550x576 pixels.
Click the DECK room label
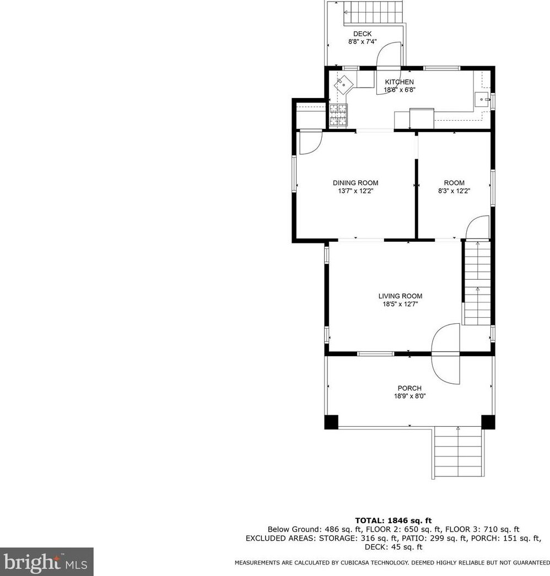click(363, 34)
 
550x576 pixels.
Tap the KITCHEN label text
click(399, 82)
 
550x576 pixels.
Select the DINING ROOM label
click(355, 183)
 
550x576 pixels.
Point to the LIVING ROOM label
click(400, 296)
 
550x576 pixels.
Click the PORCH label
click(409, 388)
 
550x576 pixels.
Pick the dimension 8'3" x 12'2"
click(454, 191)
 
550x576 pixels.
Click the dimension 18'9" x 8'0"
click(410, 396)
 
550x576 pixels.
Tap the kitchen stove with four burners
click(338, 115)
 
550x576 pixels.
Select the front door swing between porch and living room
click(446, 354)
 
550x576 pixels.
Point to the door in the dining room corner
click(311, 143)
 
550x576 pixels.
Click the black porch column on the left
click(331, 422)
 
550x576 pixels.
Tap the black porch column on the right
click(488, 422)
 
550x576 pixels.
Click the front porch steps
click(458, 453)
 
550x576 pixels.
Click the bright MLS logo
click(47, 562)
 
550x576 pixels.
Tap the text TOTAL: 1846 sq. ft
click(393, 520)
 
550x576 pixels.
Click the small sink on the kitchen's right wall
click(482, 99)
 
